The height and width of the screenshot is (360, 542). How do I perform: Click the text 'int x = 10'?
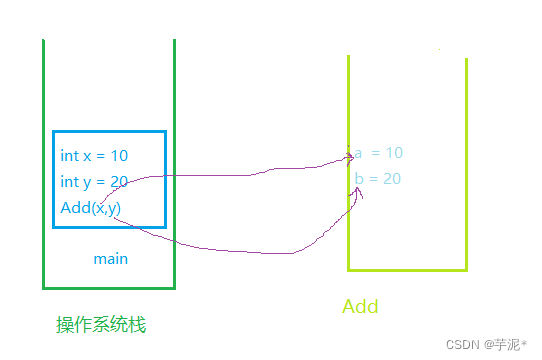(94, 156)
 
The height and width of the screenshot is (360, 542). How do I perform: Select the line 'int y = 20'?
(94, 181)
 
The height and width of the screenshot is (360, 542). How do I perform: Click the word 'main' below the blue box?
(110, 259)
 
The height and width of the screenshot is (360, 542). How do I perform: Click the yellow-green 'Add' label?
(360, 306)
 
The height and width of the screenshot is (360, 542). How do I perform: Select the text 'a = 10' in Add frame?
(378, 153)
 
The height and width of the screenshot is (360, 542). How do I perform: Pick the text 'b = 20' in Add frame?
(378, 178)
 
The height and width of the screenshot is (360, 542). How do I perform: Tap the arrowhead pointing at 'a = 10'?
(348, 156)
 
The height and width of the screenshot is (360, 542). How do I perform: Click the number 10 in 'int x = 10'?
(119, 156)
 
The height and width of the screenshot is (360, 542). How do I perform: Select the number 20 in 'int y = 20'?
(119, 181)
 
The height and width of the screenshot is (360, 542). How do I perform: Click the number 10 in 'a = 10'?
(393, 153)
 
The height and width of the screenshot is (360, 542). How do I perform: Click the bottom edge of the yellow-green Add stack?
(408, 270)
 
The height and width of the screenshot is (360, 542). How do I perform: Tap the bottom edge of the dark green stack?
(109, 287)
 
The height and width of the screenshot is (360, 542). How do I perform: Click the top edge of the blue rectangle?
(109, 131)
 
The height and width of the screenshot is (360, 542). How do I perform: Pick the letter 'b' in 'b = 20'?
(358, 178)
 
